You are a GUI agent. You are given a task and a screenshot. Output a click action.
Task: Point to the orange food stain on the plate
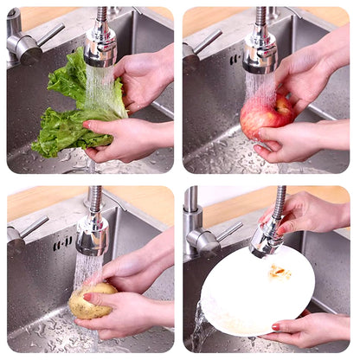coord(279,272)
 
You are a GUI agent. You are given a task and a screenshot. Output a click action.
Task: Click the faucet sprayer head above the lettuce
coord(100,46)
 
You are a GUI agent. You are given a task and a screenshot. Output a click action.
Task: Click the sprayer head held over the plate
coord(267,236)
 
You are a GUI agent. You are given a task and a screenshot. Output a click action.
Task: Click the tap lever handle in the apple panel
coord(208,42)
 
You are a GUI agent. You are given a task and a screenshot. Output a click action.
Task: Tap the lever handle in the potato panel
coord(33,228)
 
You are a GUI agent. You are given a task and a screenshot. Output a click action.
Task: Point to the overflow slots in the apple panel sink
coord(235,59)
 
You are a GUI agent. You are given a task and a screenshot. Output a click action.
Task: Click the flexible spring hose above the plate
coord(279,203)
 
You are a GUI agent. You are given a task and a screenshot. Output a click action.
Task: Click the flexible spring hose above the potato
coord(94,200)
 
